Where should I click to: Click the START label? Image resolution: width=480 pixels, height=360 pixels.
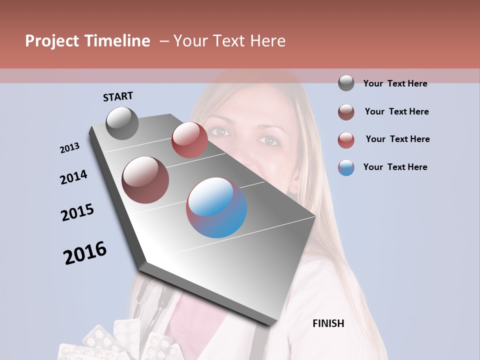118,96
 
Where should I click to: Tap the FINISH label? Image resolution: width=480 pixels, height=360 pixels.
328,323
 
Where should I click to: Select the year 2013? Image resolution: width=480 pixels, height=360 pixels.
69,148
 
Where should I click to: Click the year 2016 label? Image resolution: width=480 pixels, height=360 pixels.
85,253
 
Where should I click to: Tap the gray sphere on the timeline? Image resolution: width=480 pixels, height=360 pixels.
122,123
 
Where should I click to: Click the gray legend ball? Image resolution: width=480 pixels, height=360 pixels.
346,83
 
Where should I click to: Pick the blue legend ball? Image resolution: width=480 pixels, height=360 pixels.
346,167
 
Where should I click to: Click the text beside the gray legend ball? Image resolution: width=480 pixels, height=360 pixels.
395,83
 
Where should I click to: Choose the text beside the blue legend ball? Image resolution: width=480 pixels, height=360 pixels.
395,167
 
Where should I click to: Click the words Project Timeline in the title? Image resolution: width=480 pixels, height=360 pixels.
87,41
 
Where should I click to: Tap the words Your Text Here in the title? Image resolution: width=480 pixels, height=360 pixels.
229,41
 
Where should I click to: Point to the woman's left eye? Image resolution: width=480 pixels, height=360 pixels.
270,140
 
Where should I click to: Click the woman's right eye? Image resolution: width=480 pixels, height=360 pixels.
219,132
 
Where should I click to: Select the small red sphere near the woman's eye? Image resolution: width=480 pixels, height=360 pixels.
189,140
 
